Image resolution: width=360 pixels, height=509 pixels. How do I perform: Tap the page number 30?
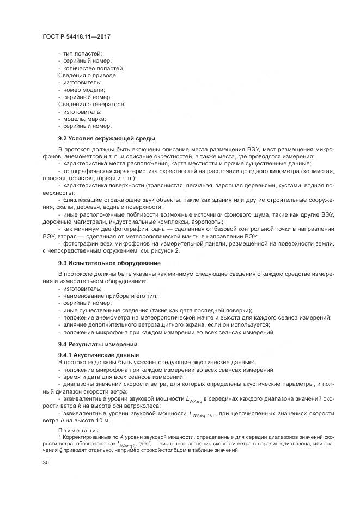tap(46, 462)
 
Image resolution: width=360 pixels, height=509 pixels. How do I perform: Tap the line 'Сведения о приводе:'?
tap(86, 75)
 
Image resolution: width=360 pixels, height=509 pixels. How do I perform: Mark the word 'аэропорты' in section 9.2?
tap(207, 221)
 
